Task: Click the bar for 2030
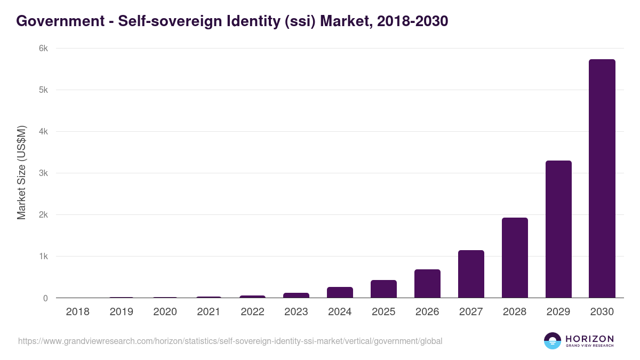click(602, 179)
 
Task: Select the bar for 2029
click(558, 229)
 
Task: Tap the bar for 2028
click(515, 258)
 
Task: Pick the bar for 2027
click(471, 274)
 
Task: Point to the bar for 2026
click(427, 284)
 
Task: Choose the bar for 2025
click(383, 289)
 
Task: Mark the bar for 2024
click(340, 292)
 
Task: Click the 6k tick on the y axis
click(43, 49)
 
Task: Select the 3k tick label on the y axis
click(43, 173)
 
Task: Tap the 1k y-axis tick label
click(43, 257)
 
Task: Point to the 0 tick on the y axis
click(45, 298)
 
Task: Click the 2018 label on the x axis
click(77, 312)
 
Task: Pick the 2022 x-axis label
click(252, 312)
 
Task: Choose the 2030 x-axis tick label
click(602, 312)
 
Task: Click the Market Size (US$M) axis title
click(21, 173)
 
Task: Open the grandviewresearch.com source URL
click(230, 341)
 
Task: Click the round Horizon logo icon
click(553, 341)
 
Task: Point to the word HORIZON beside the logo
click(589, 339)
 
